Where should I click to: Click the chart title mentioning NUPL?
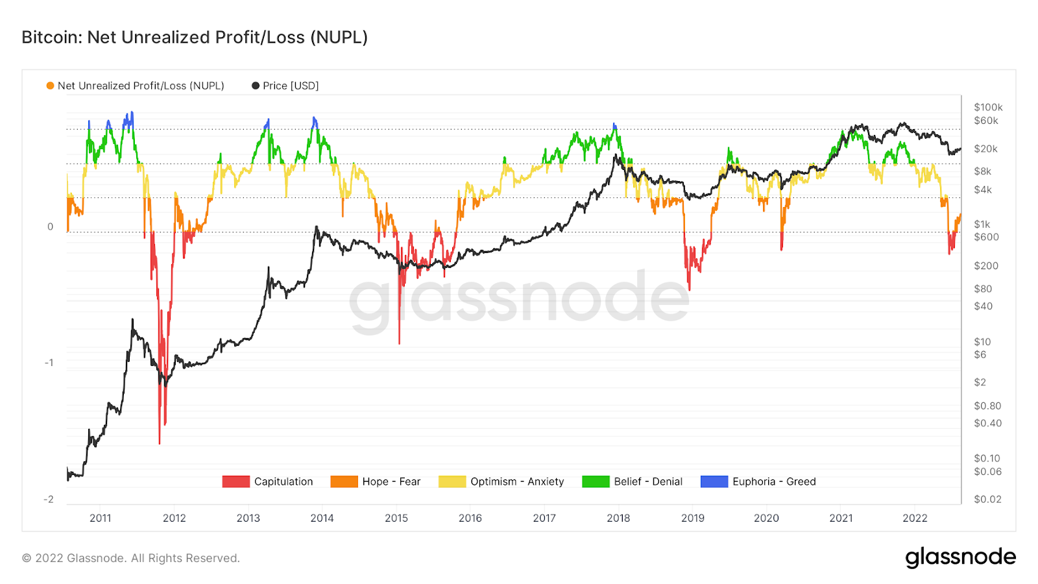[x=195, y=38]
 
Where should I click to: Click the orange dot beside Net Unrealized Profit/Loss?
[x=50, y=86]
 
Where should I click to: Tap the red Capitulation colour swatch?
[x=235, y=481]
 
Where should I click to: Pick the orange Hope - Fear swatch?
[x=344, y=481]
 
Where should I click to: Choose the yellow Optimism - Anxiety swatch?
[x=452, y=481]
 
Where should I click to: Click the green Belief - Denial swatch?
[x=596, y=481]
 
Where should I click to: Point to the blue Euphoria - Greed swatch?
[x=714, y=481]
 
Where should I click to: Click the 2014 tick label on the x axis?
[x=322, y=518]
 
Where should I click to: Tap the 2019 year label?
[x=692, y=518]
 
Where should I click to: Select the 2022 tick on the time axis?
[x=915, y=518]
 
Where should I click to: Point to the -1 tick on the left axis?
[x=49, y=363]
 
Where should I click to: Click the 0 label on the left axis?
[x=50, y=226]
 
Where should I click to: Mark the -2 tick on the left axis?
[x=49, y=499]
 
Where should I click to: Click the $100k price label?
[x=988, y=107]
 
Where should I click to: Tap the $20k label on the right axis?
[x=985, y=149]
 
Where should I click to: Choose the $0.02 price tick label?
[x=987, y=499]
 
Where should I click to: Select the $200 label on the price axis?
[x=986, y=265]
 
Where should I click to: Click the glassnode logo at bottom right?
[x=960, y=557]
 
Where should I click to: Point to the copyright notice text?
[x=131, y=558]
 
